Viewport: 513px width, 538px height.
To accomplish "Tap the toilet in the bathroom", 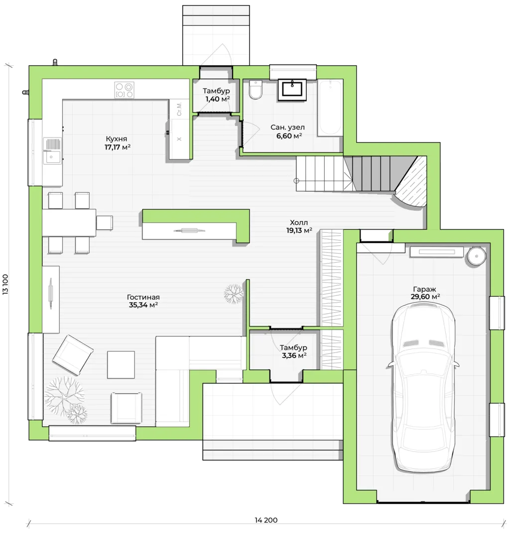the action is coord(256,90).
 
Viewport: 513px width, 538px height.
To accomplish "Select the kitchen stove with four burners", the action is coord(124,90).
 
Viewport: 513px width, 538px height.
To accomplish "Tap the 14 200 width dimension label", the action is coord(266,520).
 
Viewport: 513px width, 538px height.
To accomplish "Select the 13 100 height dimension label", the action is coord(5,284).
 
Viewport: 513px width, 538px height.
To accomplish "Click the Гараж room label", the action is coord(424,289).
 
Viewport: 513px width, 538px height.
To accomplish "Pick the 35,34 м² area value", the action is coord(143,305).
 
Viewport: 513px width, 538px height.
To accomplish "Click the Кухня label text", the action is coord(117,139).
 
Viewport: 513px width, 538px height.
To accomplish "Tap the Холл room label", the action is coord(299,222).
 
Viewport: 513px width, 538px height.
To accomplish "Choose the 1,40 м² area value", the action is coord(218,99).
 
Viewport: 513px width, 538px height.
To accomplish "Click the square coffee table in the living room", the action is coord(121,364).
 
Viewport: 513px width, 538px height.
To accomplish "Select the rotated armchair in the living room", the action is coord(73,355).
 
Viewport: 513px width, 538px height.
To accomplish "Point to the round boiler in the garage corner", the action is coord(476,256).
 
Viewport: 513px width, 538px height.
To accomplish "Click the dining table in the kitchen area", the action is coord(69,222).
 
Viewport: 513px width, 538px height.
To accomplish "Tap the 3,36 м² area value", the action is coord(294,356).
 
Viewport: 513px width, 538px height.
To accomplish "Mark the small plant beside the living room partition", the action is coord(234,294).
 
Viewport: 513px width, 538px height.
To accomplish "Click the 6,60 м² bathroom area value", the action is coord(289,136).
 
